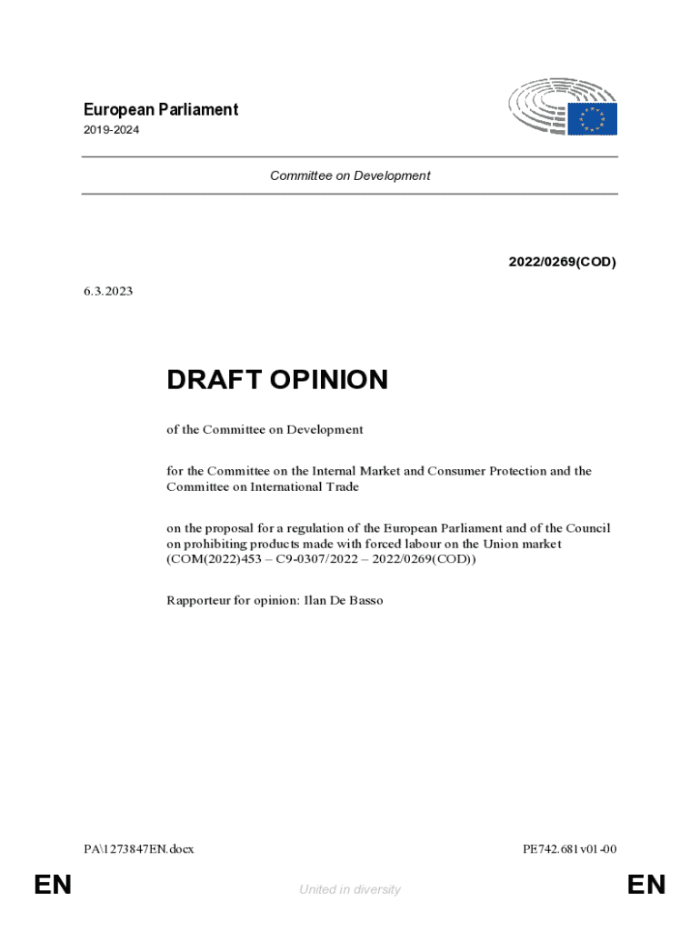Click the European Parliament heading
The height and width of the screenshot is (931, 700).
[x=160, y=110]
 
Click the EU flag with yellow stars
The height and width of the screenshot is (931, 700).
[x=592, y=119]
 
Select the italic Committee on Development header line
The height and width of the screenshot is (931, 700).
[x=350, y=175]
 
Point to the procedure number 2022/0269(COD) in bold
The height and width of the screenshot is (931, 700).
[x=562, y=262]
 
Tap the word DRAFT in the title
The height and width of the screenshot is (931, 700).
[x=212, y=380]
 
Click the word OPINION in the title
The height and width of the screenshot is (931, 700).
[x=327, y=380]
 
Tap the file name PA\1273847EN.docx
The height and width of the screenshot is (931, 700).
[x=138, y=849]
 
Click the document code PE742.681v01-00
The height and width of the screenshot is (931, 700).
[x=570, y=849]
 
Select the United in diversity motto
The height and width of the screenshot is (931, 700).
[x=350, y=889]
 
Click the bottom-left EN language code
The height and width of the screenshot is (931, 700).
[x=53, y=885]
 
